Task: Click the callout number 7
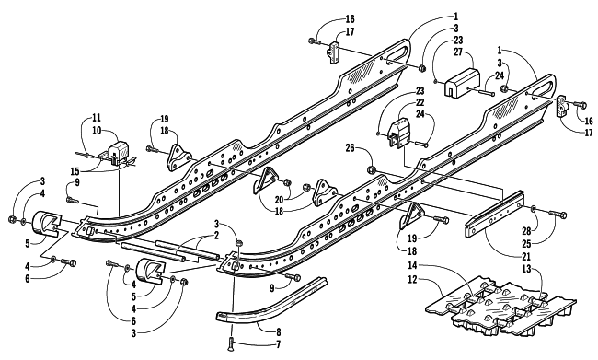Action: (x=279, y=344)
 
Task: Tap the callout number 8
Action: (x=279, y=331)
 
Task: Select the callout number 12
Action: (x=413, y=280)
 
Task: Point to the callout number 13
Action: (x=526, y=269)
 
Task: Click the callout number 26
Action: (x=351, y=147)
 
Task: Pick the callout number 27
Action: (x=457, y=52)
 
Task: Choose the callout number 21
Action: (x=526, y=257)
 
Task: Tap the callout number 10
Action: (x=97, y=131)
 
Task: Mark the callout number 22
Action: (x=420, y=103)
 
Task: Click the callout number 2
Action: (x=216, y=235)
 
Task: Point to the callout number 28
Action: (x=526, y=230)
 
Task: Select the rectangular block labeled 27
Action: (x=462, y=82)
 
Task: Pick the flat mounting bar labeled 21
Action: (x=493, y=213)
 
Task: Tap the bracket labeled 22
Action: (x=398, y=133)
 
